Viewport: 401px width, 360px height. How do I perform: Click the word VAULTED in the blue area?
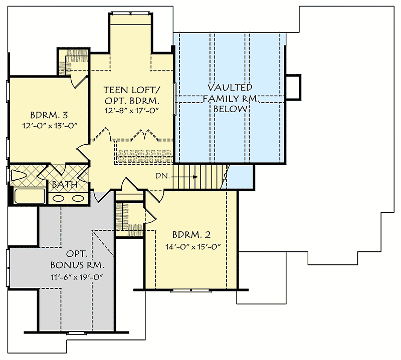pos(231,87)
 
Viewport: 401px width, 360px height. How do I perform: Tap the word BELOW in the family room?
pos(231,109)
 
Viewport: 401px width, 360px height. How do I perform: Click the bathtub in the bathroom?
pos(29,196)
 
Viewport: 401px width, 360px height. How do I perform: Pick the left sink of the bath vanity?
pos(59,197)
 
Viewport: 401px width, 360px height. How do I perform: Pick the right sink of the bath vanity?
pos(77,197)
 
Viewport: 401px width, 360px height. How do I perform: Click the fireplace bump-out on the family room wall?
pos(293,87)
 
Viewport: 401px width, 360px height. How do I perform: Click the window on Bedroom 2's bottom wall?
pos(185,290)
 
